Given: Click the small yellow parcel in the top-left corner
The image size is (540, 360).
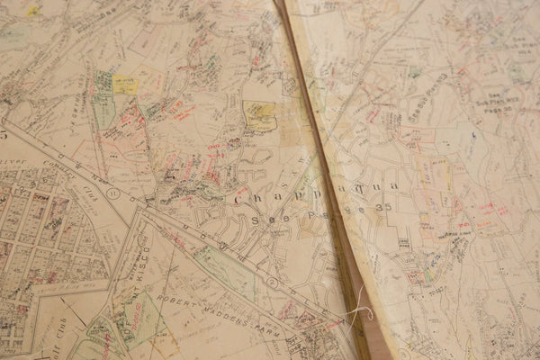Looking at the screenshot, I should tap(33, 11).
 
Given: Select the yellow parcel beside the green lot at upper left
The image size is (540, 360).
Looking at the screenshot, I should tap(125, 85).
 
